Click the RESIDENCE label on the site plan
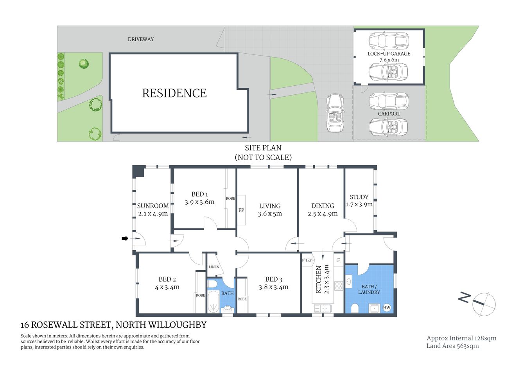(x=174, y=93)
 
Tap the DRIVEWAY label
(x=141, y=39)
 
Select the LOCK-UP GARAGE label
(x=389, y=54)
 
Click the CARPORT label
(x=389, y=114)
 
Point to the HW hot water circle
(x=386, y=307)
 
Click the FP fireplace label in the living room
(x=241, y=210)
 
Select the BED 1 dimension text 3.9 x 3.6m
(x=199, y=202)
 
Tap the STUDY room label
(x=359, y=197)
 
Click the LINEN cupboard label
(x=214, y=267)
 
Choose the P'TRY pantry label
(x=307, y=260)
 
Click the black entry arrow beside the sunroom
(x=125, y=238)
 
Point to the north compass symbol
(x=484, y=304)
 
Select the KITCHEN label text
(x=319, y=279)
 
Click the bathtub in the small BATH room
(x=213, y=302)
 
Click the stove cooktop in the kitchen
(x=339, y=286)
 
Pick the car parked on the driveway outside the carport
(x=335, y=113)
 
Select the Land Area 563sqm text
(x=452, y=346)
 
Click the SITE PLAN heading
(x=263, y=148)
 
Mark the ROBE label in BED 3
(x=242, y=299)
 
